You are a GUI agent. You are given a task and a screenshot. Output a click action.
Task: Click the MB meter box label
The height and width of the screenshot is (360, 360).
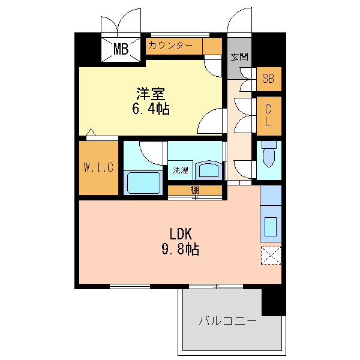click(x=121, y=49)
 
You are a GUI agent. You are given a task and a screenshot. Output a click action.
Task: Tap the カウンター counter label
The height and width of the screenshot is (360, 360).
click(x=170, y=46)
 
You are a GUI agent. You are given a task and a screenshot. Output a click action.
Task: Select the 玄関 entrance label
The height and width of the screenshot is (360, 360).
click(x=239, y=57)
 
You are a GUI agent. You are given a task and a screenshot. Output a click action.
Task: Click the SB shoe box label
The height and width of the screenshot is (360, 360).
click(x=268, y=79)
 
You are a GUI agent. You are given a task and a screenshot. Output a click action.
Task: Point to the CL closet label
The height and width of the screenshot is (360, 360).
click(x=268, y=115)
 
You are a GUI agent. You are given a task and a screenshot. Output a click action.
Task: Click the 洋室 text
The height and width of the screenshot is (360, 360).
click(x=151, y=94)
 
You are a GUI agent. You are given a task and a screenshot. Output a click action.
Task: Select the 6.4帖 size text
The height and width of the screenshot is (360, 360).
click(x=151, y=109)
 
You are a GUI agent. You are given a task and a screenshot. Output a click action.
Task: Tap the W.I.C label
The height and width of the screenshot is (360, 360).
click(x=98, y=167)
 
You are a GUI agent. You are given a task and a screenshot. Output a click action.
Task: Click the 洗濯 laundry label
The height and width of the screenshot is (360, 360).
click(x=181, y=170)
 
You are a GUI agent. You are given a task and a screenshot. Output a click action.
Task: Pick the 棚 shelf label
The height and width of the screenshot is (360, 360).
click(x=194, y=190)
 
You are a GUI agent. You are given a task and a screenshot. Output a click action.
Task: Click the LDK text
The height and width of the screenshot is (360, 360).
click(x=181, y=234)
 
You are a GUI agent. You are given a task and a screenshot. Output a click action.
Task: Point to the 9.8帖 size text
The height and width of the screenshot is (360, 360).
click(x=180, y=250)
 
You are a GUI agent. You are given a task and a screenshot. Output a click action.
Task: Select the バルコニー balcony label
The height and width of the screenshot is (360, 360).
click(x=228, y=321)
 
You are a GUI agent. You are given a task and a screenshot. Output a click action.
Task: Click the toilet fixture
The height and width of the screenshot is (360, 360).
click(x=269, y=154)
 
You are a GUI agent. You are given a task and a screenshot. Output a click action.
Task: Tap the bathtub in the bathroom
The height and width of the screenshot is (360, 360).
click(x=143, y=183)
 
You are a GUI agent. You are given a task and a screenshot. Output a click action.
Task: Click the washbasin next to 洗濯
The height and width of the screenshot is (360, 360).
click(x=209, y=170)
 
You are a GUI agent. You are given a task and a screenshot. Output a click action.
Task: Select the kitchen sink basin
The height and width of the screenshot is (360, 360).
click(x=271, y=227)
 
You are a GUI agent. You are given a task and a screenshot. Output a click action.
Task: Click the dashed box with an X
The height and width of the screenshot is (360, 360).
click(x=271, y=256)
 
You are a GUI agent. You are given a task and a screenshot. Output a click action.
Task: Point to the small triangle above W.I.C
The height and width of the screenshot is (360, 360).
click(x=91, y=132)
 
